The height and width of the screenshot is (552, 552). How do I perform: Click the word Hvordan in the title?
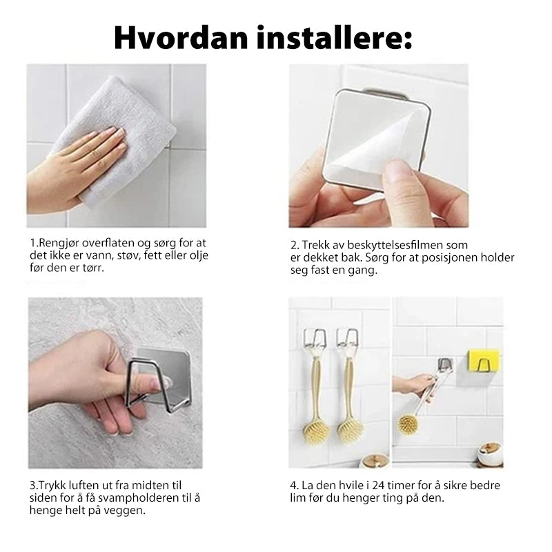[181, 39]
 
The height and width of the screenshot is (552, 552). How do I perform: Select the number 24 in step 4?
[379, 486]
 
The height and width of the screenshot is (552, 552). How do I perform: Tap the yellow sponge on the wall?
[483, 360]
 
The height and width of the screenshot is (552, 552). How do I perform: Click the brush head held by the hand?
[408, 425]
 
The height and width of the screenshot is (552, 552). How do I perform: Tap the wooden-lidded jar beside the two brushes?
[375, 461]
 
